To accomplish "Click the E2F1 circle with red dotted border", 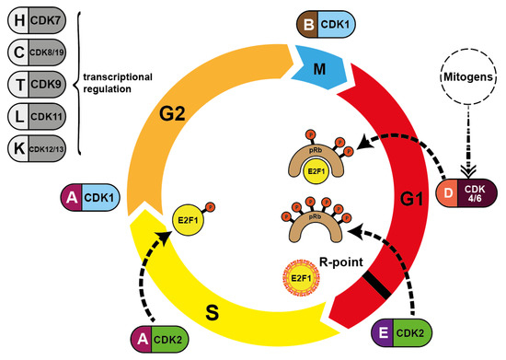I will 295,275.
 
